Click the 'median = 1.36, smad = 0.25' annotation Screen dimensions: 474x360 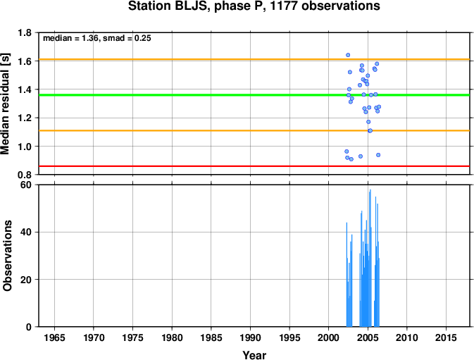tap(97, 38)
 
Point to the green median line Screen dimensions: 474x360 tap(254, 95)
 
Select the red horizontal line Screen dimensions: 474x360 tap(254, 166)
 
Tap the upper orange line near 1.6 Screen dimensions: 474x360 tap(254, 59)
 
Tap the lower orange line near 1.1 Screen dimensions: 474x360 tap(254, 130)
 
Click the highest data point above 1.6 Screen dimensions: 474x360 tap(348, 55)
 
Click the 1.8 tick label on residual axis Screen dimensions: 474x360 tap(25, 32)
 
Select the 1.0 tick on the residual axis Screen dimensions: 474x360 tap(25, 147)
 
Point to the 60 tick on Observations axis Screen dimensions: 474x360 tap(26, 185)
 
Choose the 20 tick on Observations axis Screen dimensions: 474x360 tap(26, 280)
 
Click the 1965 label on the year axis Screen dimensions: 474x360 tap(54, 337)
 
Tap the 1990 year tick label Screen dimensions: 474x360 tap(250, 337)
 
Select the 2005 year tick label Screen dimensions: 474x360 tap(368, 337)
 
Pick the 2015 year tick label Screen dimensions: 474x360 tap(446, 337)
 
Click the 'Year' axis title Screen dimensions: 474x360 tap(254, 355)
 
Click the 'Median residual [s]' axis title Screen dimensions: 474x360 tap(6, 104)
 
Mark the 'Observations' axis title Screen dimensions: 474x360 tap(7, 256)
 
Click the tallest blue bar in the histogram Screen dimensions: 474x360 tap(370, 258)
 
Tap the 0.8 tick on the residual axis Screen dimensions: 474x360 tap(25, 175)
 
